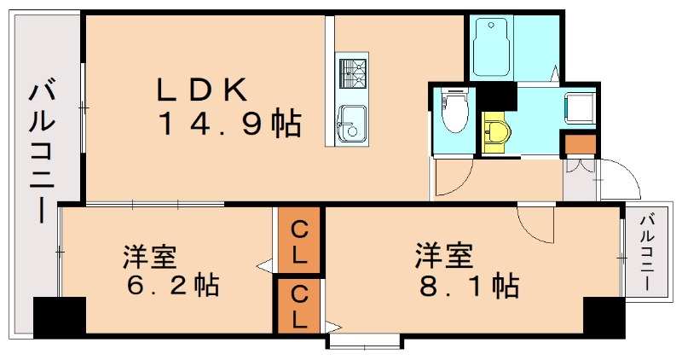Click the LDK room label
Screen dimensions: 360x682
(201, 90)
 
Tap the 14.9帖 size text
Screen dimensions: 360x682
(228, 125)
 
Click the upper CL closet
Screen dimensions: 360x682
(299, 241)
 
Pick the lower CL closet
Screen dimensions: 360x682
(299, 306)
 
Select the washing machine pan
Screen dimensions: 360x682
(582, 107)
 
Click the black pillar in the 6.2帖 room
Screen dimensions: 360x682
(60, 316)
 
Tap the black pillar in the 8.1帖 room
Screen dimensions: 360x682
(604, 317)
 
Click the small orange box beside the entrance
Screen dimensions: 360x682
(581, 145)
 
